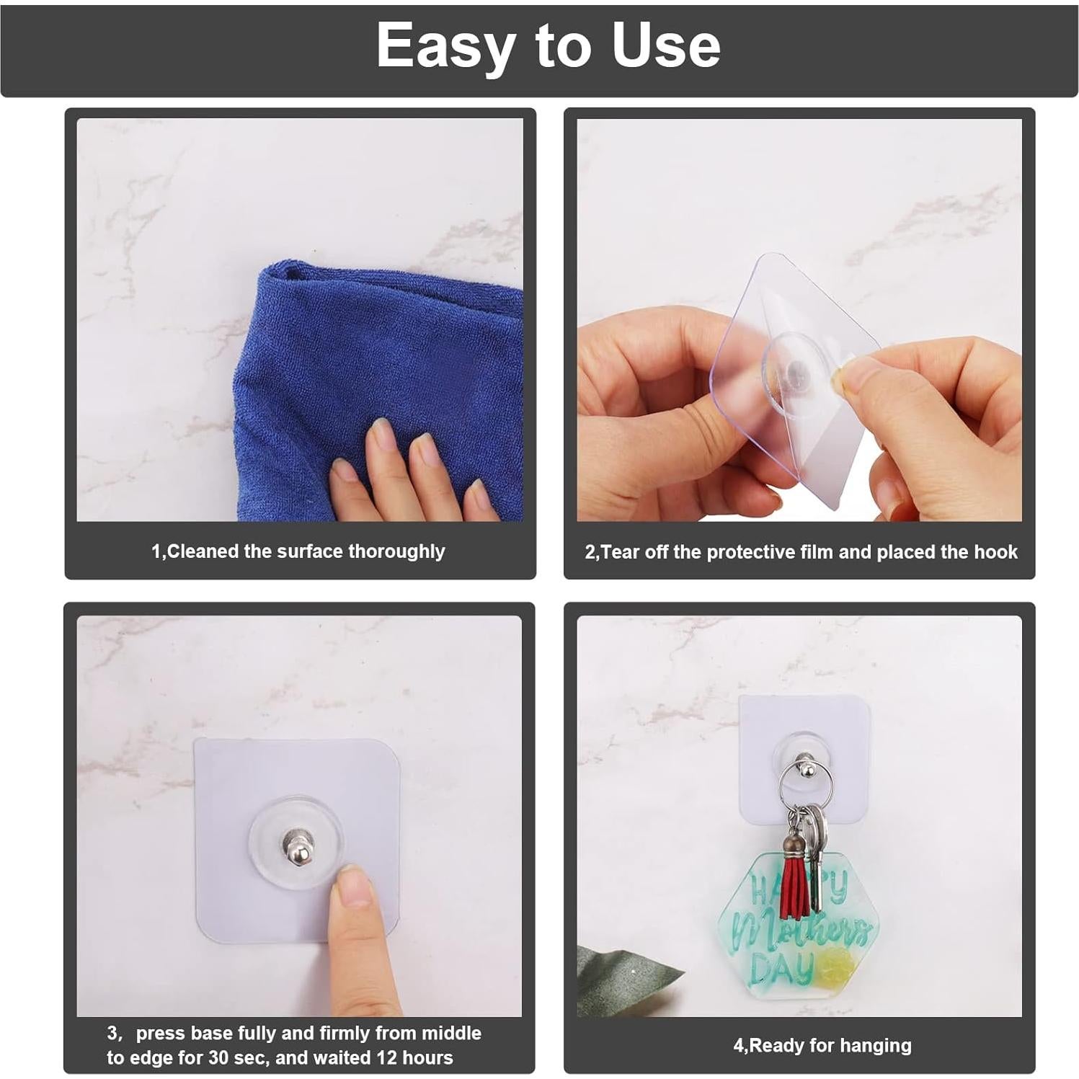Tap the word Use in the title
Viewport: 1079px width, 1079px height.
pos(665,46)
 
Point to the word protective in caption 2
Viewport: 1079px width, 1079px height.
pos(752,552)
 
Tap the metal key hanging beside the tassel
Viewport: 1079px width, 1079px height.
pos(817,858)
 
